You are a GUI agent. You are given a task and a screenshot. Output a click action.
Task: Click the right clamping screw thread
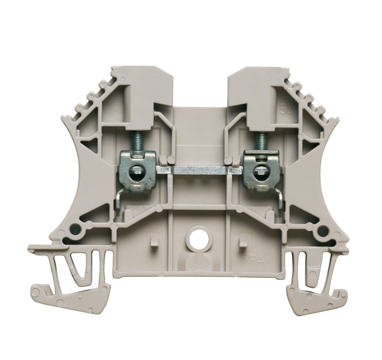point(258,141)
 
